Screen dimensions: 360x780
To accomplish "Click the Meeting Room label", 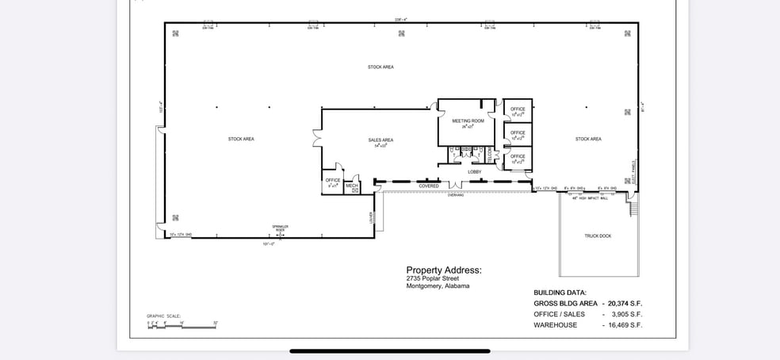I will (x=468, y=121).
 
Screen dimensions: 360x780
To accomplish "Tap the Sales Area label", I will (x=380, y=140).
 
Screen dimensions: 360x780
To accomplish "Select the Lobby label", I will (x=474, y=171).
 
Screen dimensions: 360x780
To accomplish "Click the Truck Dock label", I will (x=598, y=236).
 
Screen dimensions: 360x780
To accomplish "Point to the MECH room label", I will (x=352, y=186).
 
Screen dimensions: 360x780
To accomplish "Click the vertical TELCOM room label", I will (x=490, y=153).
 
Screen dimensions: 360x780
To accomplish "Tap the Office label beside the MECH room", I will (x=333, y=181).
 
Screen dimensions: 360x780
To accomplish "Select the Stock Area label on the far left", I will (x=241, y=139).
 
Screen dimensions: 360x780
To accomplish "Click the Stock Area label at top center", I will (x=380, y=67).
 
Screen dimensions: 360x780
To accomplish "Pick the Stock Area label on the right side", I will (x=588, y=139).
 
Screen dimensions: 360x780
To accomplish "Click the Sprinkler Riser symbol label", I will (x=280, y=228).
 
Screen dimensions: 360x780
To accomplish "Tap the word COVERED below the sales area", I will (x=429, y=186).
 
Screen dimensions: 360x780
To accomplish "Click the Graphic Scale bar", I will (x=182, y=325).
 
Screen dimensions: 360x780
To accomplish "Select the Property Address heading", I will (x=443, y=270).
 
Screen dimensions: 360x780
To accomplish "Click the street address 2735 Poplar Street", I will (x=432, y=278).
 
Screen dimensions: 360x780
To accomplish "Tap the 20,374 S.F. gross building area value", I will (x=625, y=303).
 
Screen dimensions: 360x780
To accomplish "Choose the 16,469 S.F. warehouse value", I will (x=625, y=325).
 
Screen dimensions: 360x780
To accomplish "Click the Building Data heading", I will (x=560, y=293).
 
